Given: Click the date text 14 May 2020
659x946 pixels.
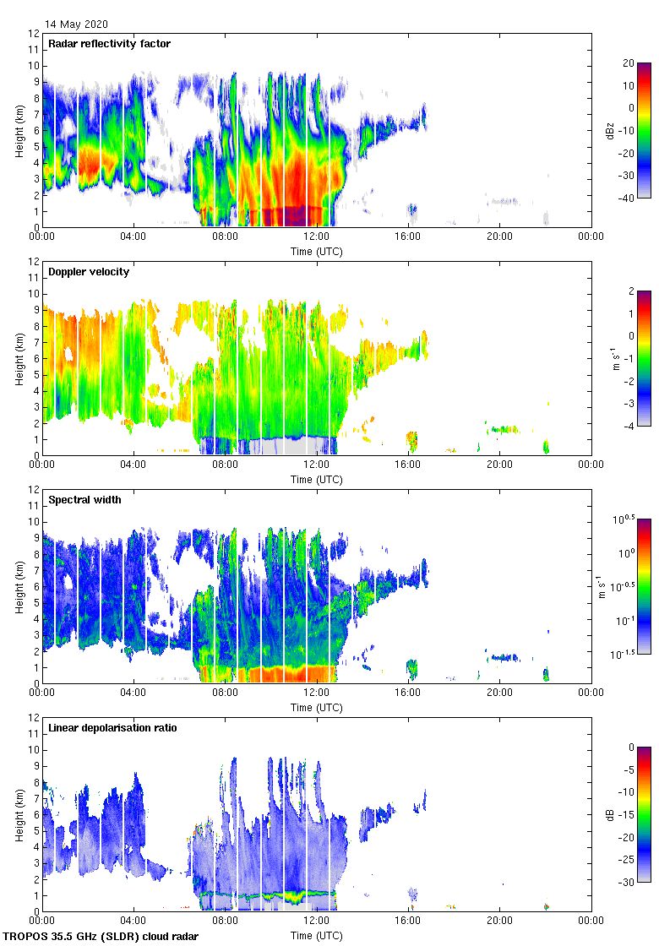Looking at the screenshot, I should coord(77,24).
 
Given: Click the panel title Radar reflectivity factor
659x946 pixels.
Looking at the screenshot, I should coord(110,44).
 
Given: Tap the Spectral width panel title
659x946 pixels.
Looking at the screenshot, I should coord(84,500).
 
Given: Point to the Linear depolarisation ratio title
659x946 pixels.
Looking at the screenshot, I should coord(112,728).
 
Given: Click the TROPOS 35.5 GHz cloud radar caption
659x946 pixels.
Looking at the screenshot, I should coord(101,937).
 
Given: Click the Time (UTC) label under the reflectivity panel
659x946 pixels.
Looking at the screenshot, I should coord(317,251).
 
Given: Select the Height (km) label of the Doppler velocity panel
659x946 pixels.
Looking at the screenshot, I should coord(19,358).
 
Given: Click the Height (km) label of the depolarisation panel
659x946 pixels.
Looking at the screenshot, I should coord(19,814).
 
